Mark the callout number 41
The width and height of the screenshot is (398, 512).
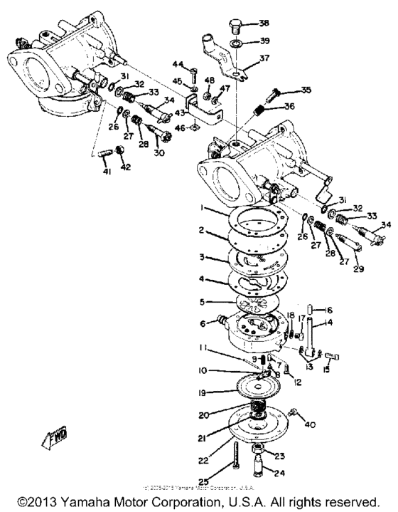[x=107, y=173]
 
